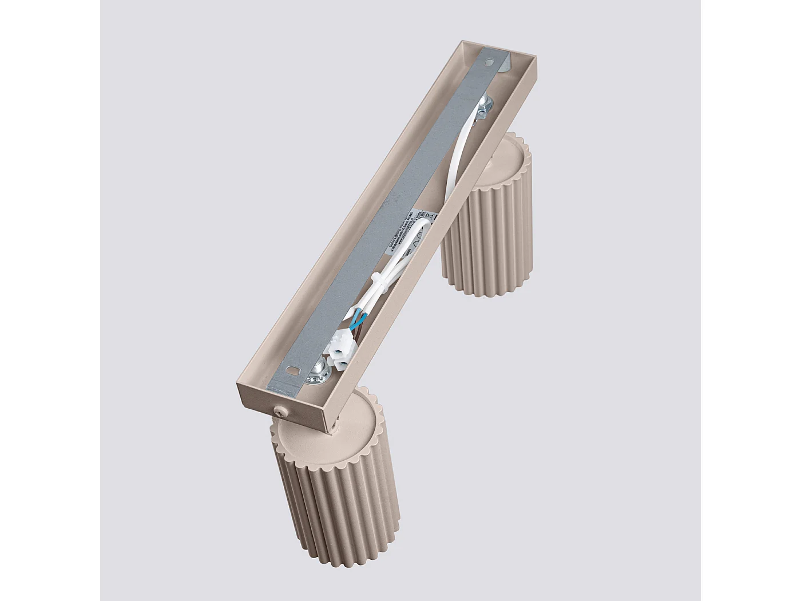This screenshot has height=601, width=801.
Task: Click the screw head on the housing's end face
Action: click(x=279, y=410)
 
